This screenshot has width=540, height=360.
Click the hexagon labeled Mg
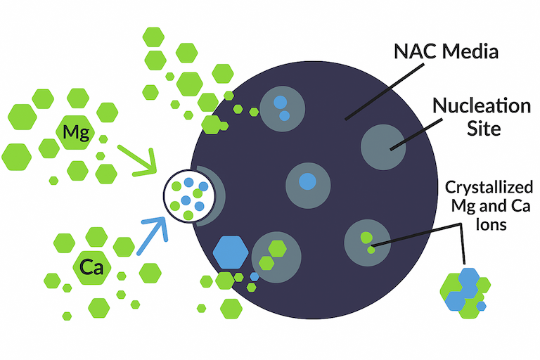coord(75,131)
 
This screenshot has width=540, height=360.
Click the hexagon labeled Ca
coord(91,267)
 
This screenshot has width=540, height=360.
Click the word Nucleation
coord(482,107)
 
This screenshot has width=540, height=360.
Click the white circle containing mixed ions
coord(186,196)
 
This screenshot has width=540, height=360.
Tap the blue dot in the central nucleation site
coord(307,181)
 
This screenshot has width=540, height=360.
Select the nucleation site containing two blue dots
coord(282,108)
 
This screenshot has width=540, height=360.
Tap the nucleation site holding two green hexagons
coord(276,255)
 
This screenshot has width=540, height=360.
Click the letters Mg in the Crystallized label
coord(458,207)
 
